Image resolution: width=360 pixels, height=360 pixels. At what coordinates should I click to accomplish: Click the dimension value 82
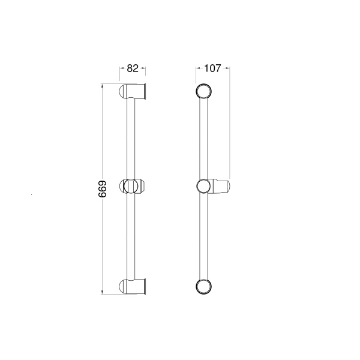[133, 68]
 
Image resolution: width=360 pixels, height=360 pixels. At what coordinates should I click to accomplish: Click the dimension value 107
[212, 68]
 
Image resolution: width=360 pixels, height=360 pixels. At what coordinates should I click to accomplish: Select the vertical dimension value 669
[103, 189]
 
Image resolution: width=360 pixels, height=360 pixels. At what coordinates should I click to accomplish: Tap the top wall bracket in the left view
[133, 91]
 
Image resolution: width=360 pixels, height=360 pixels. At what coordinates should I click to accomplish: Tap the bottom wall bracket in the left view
[133, 287]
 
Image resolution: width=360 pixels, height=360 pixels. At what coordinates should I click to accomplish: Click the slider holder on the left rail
[132, 186]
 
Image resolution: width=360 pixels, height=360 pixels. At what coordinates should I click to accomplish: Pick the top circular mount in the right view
[203, 91]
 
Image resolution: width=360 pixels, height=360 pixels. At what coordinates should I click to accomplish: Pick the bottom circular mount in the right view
[203, 287]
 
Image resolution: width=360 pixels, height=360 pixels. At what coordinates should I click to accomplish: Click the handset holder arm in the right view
[221, 186]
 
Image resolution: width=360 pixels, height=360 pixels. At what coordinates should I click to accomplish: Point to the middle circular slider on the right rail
[204, 186]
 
